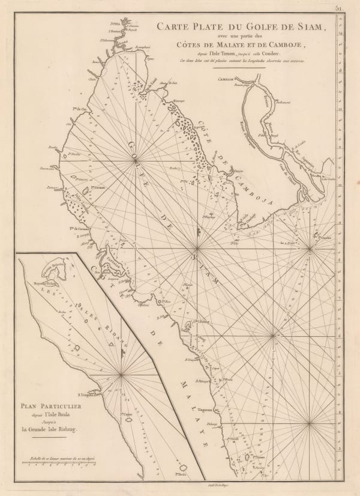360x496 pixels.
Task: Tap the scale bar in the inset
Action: coord(60,462)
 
